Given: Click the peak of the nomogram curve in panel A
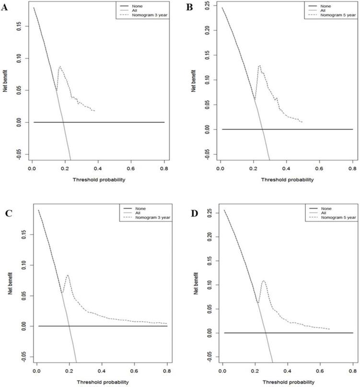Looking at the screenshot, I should tap(60, 66).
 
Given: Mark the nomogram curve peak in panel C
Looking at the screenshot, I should tap(68, 275).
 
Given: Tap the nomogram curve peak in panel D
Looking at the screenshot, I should tap(263, 281).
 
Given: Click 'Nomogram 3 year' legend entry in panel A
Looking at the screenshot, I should tap(148, 16).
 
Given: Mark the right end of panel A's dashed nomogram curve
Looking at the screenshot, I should tap(95, 111).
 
